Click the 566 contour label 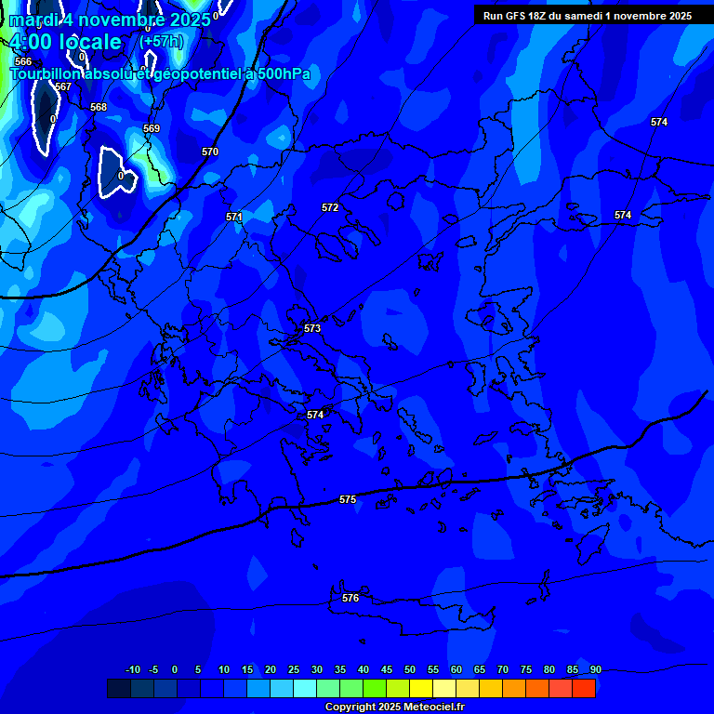(23, 61)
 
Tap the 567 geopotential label (63, 86)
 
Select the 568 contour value (99, 107)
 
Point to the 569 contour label (152, 128)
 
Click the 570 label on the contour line (210, 152)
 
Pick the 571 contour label (234, 217)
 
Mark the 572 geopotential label (330, 207)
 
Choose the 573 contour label (312, 328)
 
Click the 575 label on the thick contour (348, 499)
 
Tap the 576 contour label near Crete (350, 598)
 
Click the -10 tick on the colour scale (133, 669)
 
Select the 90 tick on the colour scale (595, 669)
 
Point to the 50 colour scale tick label (410, 669)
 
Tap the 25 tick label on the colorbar (294, 669)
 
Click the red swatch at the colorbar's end (584, 688)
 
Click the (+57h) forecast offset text (161, 42)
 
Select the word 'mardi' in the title (34, 20)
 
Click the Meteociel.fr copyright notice (394, 707)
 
